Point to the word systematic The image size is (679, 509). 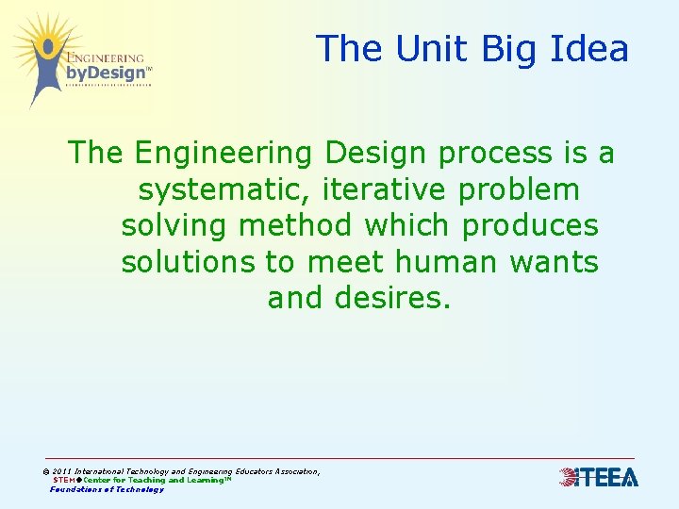click(224, 189)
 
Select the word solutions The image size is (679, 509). click(193, 262)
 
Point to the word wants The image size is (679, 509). click(555, 262)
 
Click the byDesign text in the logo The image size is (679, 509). click(107, 73)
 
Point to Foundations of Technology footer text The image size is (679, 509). click(107, 489)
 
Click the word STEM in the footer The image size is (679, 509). click(63, 481)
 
